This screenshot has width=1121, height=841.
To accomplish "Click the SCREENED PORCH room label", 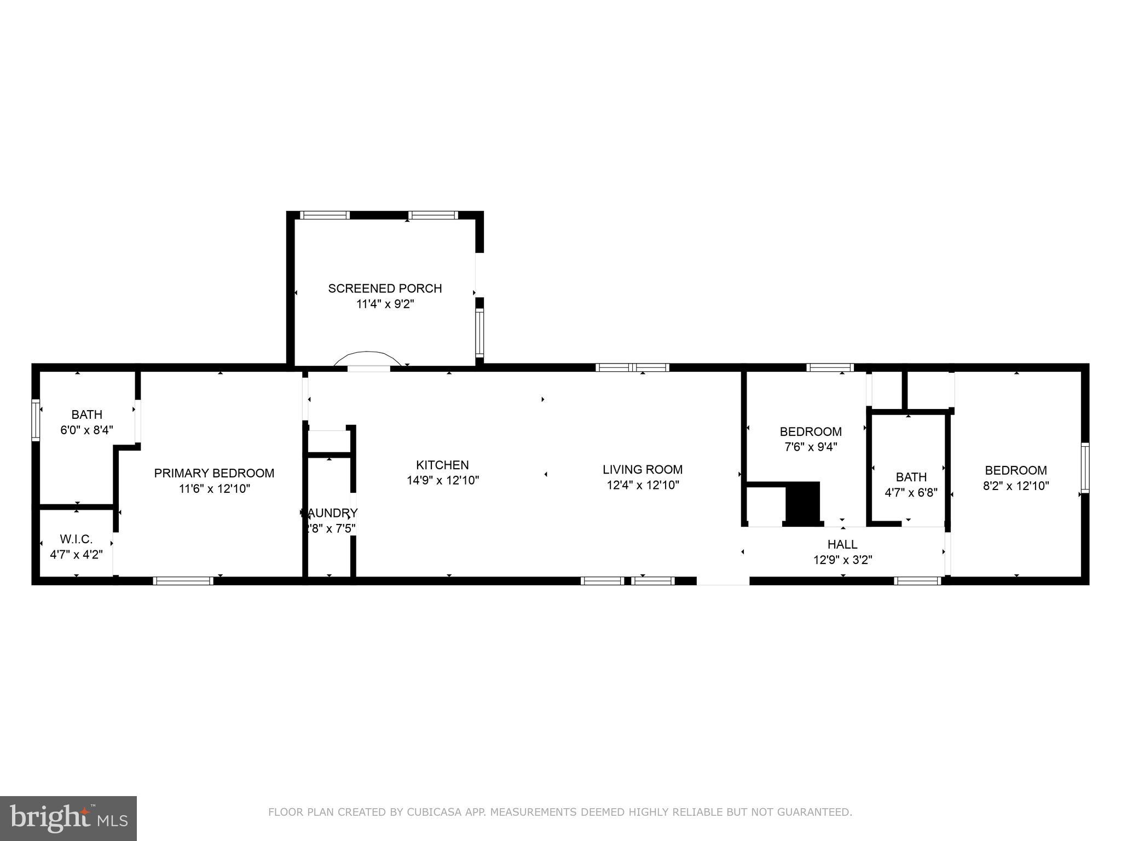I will (x=385, y=288).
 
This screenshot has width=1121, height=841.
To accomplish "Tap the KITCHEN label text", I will (x=442, y=465).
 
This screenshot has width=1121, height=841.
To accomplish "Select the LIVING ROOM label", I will (x=642, y=469).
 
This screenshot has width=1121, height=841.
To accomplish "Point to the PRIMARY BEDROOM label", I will (x=214, y=473).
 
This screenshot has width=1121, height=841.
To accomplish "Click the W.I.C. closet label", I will (x=76, y=539).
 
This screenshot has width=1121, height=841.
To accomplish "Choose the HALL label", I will (x=842, y=544).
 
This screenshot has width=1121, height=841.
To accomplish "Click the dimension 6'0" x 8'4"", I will (x=86, y=430).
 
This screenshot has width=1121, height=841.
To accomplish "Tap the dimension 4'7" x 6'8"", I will (x=911, y=492).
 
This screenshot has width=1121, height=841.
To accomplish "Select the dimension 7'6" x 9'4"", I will (x=811, y=447).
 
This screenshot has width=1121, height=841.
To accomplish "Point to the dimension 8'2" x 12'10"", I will (x=1016, y=486).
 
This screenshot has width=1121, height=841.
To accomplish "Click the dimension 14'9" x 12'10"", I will (x=442, y=481).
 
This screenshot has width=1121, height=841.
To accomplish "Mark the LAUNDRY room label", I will (x=330, y=513).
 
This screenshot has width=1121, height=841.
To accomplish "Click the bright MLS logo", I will (x=68, y=818).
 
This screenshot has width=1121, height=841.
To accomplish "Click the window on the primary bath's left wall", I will (x=36, y=420).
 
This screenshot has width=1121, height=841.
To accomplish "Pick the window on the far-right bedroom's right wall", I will (x=1084, y=468).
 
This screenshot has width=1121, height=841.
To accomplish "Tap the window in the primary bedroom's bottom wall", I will (x=183, y=581).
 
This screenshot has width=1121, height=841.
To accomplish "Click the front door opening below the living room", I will (x=723, y=581).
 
